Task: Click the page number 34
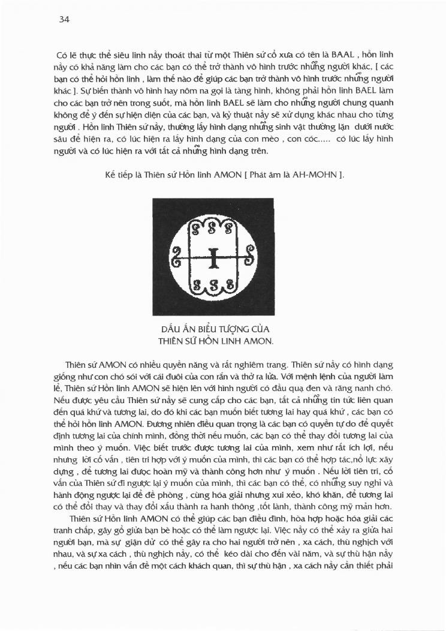click(65, 19)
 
